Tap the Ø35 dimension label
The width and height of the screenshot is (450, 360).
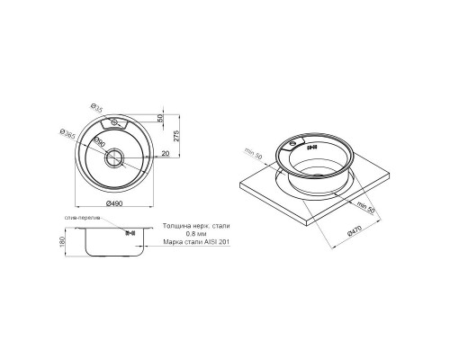pyautogui.click(x=100, y=110)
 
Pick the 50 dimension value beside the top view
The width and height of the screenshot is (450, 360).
pyautogui.click(x=161, y=120)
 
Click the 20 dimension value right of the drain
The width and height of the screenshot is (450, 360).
pyautogui.click(x=165, y=152)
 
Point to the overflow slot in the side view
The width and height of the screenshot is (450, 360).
pyautogui.click(x=129, y=232)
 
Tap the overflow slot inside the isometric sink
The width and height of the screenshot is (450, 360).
pyautogui.click(x=312, y=147)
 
